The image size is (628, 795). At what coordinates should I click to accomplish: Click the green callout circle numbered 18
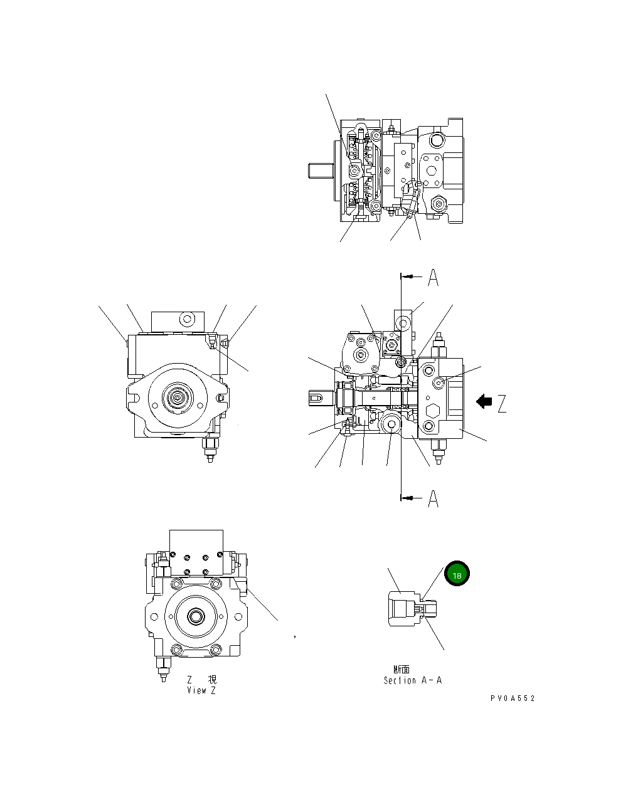point(457,574)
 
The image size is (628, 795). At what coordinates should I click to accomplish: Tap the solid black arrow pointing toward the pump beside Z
point(484,401)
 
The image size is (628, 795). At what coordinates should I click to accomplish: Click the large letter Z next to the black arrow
point(503,403)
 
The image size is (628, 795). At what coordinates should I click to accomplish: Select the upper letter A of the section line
point(433,277)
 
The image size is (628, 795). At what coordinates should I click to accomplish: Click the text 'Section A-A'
point(412,680)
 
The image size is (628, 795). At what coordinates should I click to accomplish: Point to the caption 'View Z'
point(201,690)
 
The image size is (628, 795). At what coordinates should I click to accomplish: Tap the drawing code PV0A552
point(513,698)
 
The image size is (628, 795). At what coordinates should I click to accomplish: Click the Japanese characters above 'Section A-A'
point(402,670)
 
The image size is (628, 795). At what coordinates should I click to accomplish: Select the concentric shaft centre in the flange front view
point(178,397)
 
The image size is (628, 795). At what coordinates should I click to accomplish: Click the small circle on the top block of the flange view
point(185,319)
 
